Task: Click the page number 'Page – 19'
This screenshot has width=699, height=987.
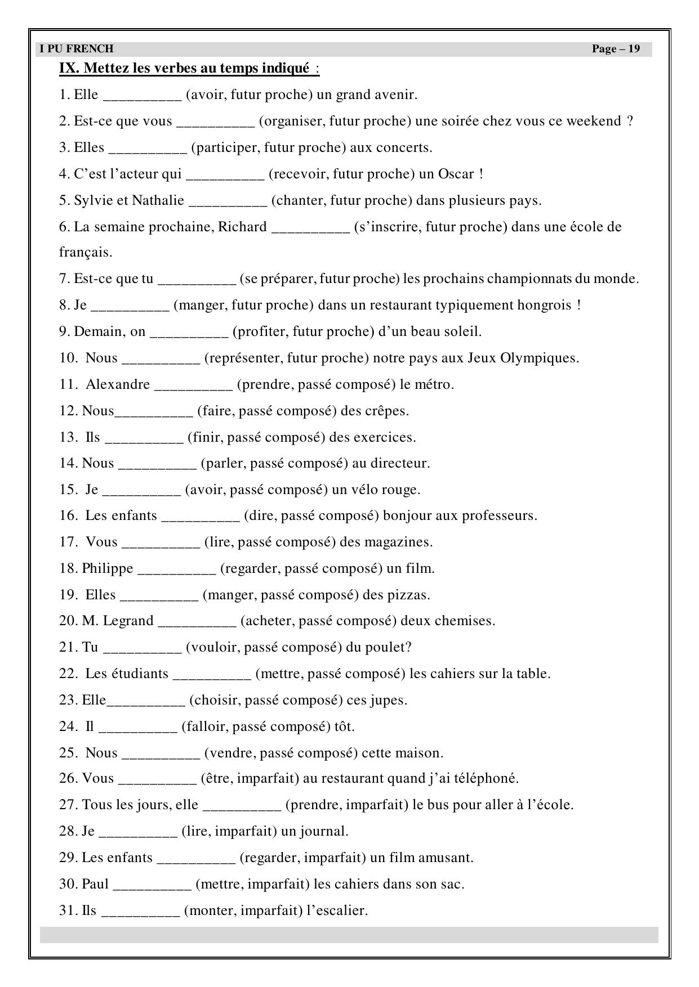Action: (616, 49)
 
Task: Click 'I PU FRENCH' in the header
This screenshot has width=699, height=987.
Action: (77, 49)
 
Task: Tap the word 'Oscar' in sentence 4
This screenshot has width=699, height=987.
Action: (456, 174)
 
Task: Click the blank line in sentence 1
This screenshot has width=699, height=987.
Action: (141, 96)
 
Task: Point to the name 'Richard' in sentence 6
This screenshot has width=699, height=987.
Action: (242, 227)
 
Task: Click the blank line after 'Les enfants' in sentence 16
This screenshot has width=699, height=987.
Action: (201, 517)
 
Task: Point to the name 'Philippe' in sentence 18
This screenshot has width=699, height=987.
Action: (108, 568)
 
